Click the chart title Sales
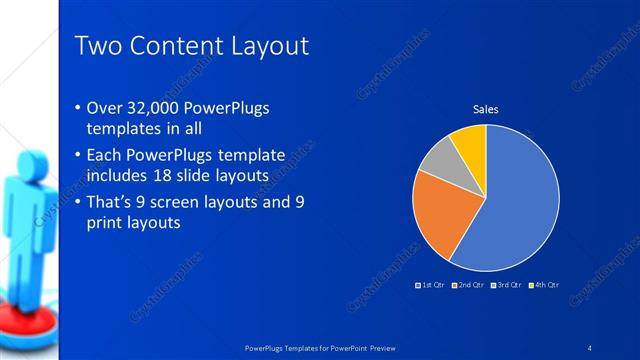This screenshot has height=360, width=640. (485, 110)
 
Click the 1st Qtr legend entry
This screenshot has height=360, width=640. (430, 286)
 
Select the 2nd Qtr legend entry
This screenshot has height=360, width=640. (469, 286)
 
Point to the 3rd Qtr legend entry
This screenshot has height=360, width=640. (507, 286)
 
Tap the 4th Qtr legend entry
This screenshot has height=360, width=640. (545, 286)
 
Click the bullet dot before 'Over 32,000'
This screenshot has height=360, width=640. (80, 108)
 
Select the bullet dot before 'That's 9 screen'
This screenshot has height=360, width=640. (80, 203)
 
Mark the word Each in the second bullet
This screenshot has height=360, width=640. (109, 155)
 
